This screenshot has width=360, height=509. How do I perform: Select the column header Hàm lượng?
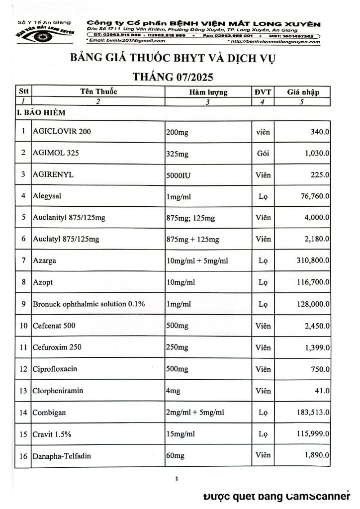click(x=208, y=92)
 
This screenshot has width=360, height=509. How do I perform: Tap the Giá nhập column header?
click(x=303, y=92)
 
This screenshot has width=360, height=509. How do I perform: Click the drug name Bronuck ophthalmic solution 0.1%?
click(x=89, y=303)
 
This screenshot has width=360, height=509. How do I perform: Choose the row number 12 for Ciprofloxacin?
click(x=23, y=369)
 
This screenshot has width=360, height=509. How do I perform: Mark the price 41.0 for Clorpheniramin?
click(x=322, y=391)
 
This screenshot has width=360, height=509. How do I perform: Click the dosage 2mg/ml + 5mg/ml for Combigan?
click(x=195, y=412)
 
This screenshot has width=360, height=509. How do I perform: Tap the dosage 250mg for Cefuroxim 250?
click(x=178, y=347)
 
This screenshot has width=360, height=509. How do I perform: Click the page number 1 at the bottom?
click(x=177, y=479)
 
